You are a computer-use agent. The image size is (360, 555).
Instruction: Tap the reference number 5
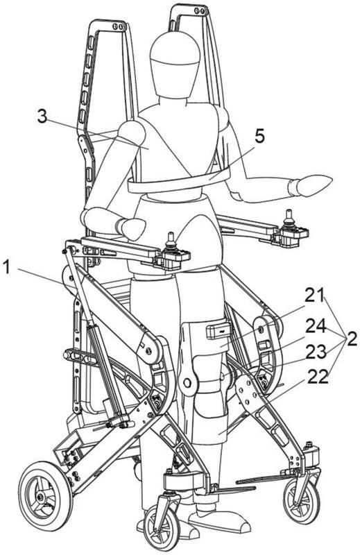pyautogui.click(x=259, y=137)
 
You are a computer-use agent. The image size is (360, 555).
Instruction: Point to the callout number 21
pyautogui.click(x=314, y=296)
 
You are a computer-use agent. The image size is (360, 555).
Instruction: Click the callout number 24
pyautogui.click(x=316, y=326)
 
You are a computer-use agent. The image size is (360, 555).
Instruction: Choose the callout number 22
pyautogui.click(x=317, y=377)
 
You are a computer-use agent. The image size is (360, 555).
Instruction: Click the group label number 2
pyautogui.click(x=352, y=339)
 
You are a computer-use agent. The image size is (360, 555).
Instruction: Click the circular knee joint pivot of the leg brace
pyautogui.click(x=187, y=383)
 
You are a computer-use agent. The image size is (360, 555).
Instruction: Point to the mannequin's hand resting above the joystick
pyautogui.click(x=130, y=228)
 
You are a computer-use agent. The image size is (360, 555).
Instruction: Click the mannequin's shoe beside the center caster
pyautogui.click(x=220, y=521)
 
